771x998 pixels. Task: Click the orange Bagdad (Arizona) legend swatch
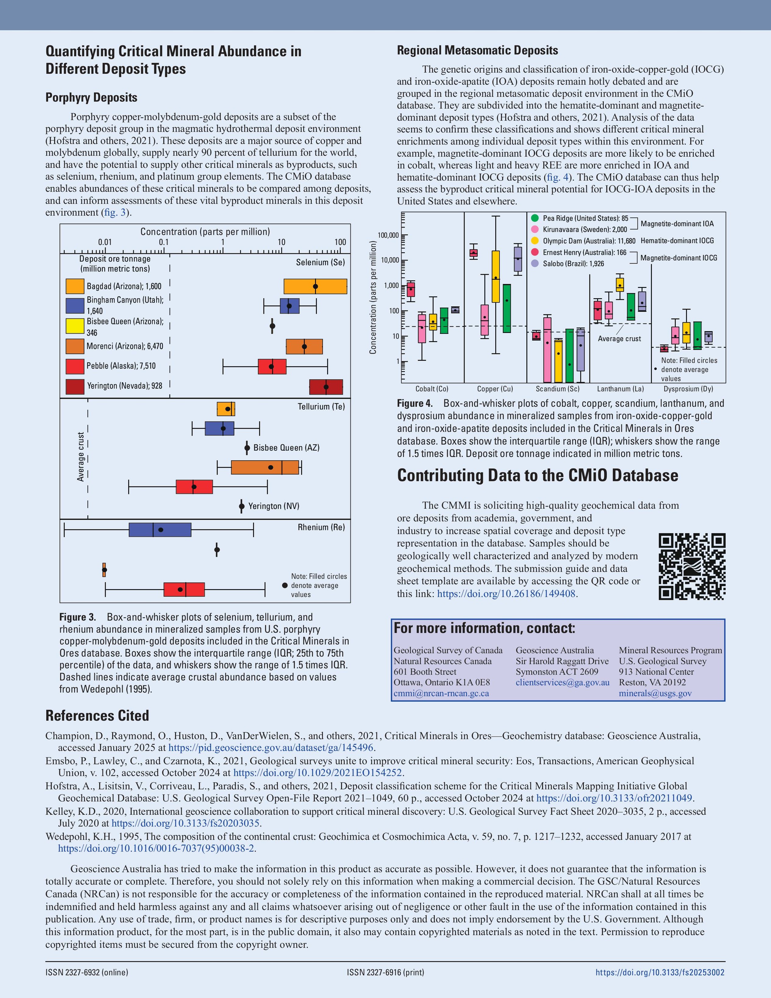(x=75, y=286)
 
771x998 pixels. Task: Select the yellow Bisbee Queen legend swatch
(x=75, y=326)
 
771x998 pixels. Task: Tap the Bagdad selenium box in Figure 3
(x=315, y=286)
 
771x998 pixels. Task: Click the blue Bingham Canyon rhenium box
(x=160, y=529)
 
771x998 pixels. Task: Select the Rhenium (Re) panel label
(x=321, y=527)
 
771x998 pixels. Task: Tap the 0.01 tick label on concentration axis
(x=105, y=242)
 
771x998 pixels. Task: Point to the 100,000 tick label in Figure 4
(x=388, y=235)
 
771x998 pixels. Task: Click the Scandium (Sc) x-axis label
(x=557, y=389)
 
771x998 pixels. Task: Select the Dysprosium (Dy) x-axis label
(x=688, y=389)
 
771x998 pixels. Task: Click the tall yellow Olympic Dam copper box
(x=495, y=277)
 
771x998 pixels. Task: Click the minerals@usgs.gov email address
(x=655, y=693)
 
